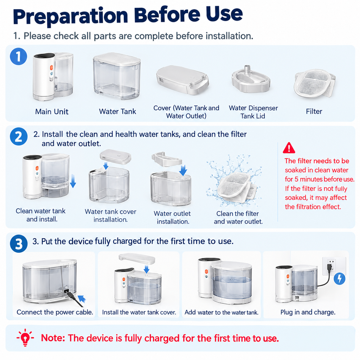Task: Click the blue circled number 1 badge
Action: (x=19, y=57)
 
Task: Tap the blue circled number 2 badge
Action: (x=19, y=136)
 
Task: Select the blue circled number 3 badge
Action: (x=19, y=244)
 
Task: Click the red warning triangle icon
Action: (x=289, y=148)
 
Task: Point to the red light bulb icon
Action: (x=25, y=337)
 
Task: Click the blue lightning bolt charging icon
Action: (x=340, y=279)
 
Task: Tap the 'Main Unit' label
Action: (x=52, y=111)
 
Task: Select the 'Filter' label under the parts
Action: (x=314, y=111)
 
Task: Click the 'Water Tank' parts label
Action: (x=117, y=111)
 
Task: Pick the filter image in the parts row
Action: (x=314, y=83)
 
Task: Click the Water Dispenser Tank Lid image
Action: (x=250, y=79)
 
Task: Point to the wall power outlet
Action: (x=334, y=266)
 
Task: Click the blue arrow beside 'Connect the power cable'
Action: (x=82, y=299)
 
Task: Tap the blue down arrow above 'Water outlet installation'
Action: (x=183, y=170)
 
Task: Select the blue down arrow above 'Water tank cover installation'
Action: (x=105, y=165)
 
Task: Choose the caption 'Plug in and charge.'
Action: (x=308, y=312)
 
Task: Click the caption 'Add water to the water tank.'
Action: (x=221, y=312)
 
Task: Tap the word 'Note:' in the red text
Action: (x=53, y=338)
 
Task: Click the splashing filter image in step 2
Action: (x=235, y=183)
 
